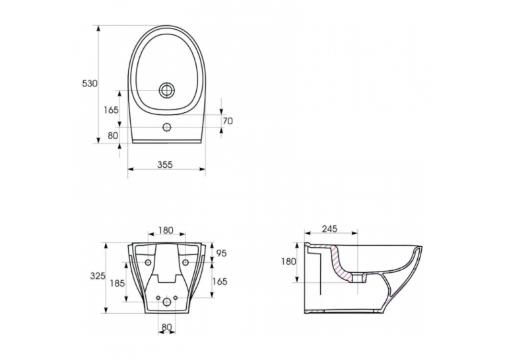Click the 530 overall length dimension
tap(90, 83)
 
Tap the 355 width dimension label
tap(165, 164)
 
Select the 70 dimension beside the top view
tap(227, 121)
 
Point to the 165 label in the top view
tap(111, 110)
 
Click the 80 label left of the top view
tap(113, 135)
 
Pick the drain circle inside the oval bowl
tap(167, 90)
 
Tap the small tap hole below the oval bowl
tap(167, 127)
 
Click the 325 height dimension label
tap(98, 276)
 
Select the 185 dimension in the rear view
tap(118, 283)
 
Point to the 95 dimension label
tap(221, 254)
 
